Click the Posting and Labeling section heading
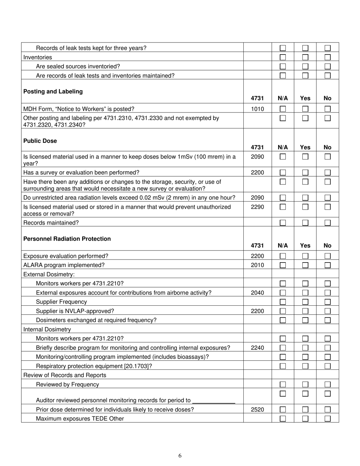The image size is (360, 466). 53,92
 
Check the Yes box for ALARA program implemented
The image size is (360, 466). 305,265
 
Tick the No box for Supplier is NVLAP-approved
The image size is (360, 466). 327,311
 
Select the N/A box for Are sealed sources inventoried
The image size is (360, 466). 283,67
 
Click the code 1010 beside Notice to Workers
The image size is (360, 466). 257,109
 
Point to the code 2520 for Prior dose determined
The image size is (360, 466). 257,410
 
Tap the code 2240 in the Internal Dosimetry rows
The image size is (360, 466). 257,348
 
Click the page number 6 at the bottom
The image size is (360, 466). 180,456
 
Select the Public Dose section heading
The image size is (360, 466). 40,141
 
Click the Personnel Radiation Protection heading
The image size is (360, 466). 67,239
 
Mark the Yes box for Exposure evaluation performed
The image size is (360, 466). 305,256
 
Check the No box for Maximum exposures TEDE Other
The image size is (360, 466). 327,419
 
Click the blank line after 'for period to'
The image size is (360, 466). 214,401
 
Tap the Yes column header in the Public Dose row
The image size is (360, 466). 305,147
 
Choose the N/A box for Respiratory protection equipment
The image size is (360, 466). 283,366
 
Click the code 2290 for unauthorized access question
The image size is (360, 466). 257,207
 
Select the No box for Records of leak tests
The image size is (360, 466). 327,48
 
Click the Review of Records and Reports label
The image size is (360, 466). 65,375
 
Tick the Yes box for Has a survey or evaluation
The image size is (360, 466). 305,173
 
